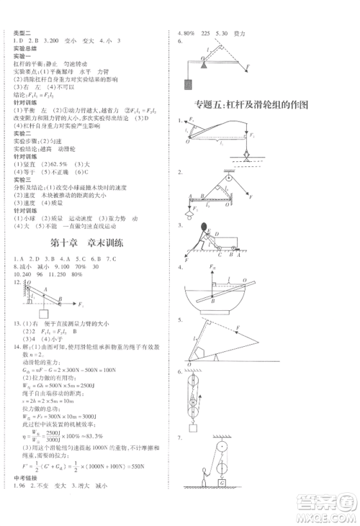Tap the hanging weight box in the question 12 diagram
[x=43, y=313]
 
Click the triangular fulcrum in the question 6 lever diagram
[x=203, y=64]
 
